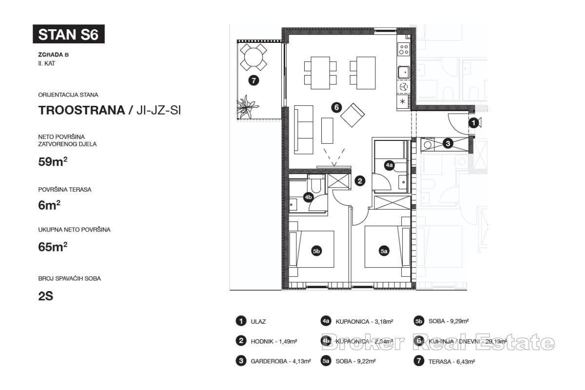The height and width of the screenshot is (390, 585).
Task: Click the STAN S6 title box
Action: point(68,35)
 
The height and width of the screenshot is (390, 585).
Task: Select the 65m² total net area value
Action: point(53,247)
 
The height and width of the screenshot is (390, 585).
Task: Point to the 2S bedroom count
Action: point(45,296)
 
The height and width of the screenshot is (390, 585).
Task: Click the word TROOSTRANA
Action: point(81,111)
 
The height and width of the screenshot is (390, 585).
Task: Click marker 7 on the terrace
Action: point(253,81)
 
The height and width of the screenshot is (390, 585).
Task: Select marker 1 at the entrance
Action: point(473,124)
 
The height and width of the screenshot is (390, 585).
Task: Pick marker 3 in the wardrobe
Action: point(448,143)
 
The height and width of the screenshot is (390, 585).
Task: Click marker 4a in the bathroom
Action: point(389,166)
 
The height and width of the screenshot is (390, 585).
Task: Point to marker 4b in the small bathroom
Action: point(308,197)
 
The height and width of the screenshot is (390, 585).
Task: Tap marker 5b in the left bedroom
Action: point(316,251)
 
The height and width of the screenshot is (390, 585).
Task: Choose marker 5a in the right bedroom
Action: point(384,251)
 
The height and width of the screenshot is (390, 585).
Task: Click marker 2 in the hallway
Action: point(360,181)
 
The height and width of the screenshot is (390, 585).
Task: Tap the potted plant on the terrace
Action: point(248,106)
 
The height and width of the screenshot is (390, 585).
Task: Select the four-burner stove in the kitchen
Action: point(404,49)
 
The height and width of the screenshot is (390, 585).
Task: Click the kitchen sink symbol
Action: point(404,73)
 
